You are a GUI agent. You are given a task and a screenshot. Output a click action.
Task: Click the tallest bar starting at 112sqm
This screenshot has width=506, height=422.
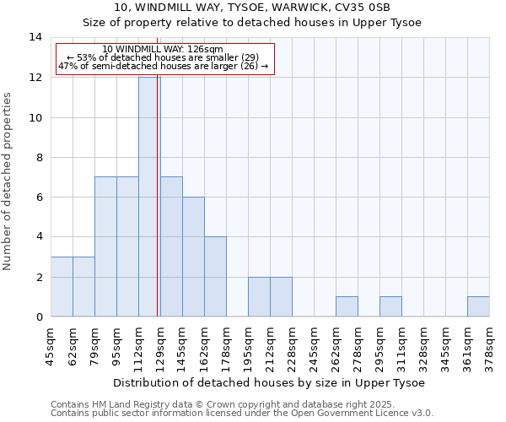pos(149,197)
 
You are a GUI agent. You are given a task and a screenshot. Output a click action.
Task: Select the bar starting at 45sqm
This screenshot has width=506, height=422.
pos(62,287)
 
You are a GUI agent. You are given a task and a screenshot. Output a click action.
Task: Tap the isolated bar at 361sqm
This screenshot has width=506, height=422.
pos(478,306)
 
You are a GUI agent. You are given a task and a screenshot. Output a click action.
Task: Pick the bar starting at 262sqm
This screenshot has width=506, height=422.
pos(347,306)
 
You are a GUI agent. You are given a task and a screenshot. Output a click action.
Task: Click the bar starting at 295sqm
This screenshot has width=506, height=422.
pos(390,306)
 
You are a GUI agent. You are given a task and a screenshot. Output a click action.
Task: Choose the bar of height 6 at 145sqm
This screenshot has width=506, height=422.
pos(193,257)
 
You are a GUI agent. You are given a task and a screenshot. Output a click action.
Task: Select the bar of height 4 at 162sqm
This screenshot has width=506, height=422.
pos(215,277)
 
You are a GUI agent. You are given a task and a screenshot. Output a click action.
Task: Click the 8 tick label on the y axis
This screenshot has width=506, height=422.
pos(38,157)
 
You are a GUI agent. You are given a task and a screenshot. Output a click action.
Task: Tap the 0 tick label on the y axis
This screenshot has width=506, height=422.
pos(38,316)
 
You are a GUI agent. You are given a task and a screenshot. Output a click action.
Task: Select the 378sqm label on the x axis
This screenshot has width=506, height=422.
pos(489,345)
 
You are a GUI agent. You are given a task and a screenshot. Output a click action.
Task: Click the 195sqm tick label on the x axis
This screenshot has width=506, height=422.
pos(248,345)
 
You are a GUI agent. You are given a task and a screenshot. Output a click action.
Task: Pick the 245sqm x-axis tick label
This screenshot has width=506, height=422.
pos(314,345)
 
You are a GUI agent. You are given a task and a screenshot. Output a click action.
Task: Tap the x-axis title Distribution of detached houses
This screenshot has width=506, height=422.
pos(268,382)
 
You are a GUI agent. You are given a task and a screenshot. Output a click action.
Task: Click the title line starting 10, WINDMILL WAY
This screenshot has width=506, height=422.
pos(252,8)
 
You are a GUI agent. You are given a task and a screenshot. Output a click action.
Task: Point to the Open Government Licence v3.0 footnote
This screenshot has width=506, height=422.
pos(241,414)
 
